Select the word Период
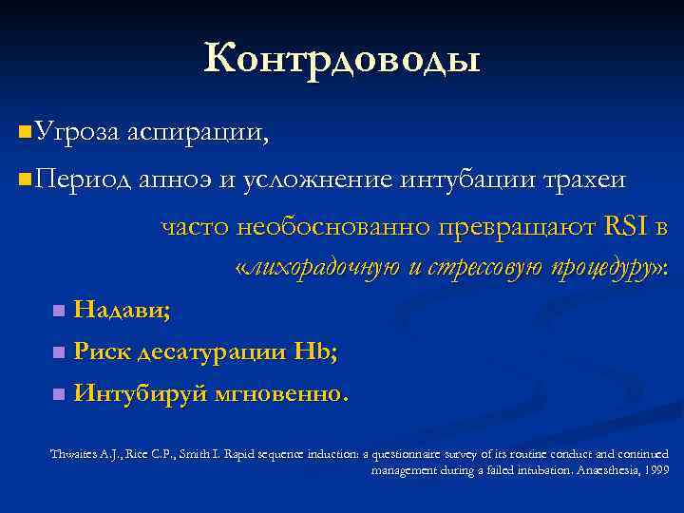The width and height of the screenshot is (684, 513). [x=82, y=178]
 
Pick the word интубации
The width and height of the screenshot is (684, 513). [x=463, y=178]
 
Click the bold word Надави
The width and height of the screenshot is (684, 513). [x=121, y=309]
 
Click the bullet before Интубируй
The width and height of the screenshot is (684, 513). [x=59, y=393]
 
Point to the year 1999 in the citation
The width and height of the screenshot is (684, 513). [x=655, y=468]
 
